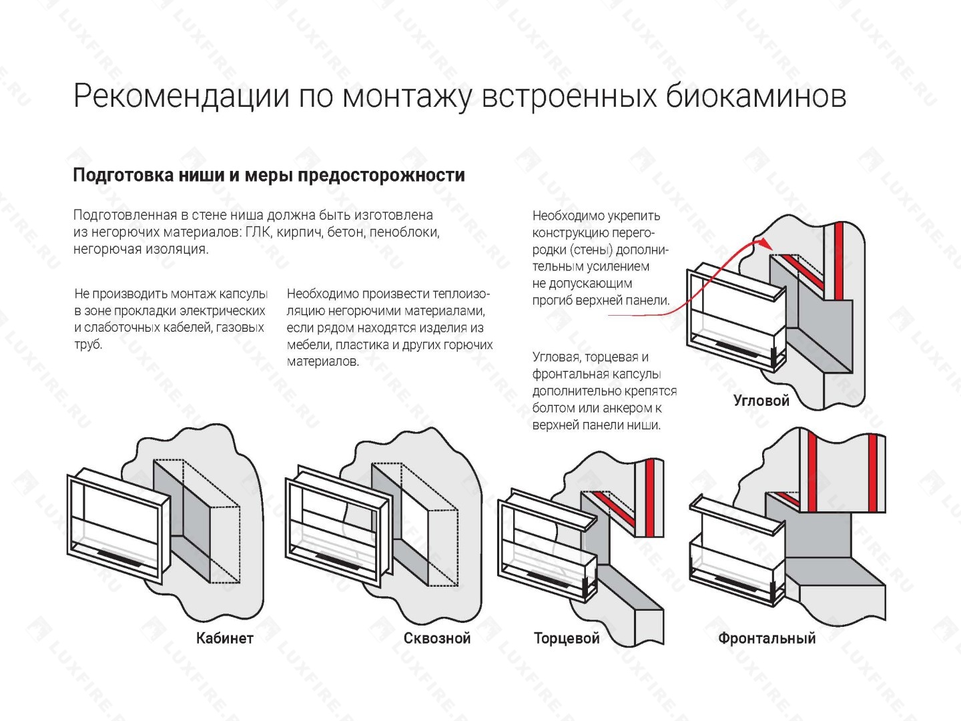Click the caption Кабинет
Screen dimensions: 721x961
[x=224, y=638]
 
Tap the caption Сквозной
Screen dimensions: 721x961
[x=437, y=638]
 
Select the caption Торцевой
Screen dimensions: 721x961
[x=567, y=638]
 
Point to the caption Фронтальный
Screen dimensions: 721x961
[x=767, y=638]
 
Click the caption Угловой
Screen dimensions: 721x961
[x=761, y=401]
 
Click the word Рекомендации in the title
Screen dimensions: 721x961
[x=182, y=96]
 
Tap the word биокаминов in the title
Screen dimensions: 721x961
[x=755, y=96]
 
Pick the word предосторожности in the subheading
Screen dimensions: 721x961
[x=381, y=176]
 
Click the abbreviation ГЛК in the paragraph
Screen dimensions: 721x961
[x=258, y=232]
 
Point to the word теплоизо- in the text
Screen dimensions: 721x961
[x=461, y=294]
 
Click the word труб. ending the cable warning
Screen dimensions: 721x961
[x=88, y=345]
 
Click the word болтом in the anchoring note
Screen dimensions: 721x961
[x=553, y=408]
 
